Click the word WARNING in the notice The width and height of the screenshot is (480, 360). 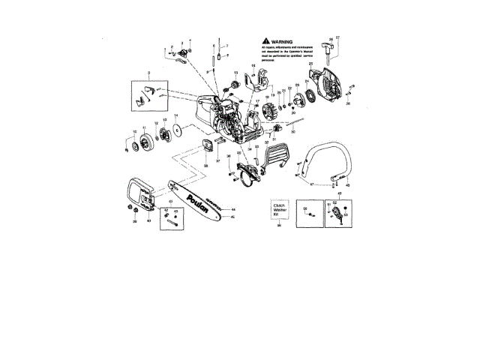[x=281, y=43]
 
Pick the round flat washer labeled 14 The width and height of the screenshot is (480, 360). [x=175, y=131]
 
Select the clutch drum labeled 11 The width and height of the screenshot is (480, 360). [x=142, y=142]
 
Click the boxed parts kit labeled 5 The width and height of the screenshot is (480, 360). [x=152, y=94]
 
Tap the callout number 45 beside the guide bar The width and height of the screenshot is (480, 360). [x=233, y=217]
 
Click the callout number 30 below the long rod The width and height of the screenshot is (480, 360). [x=293, y=132]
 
